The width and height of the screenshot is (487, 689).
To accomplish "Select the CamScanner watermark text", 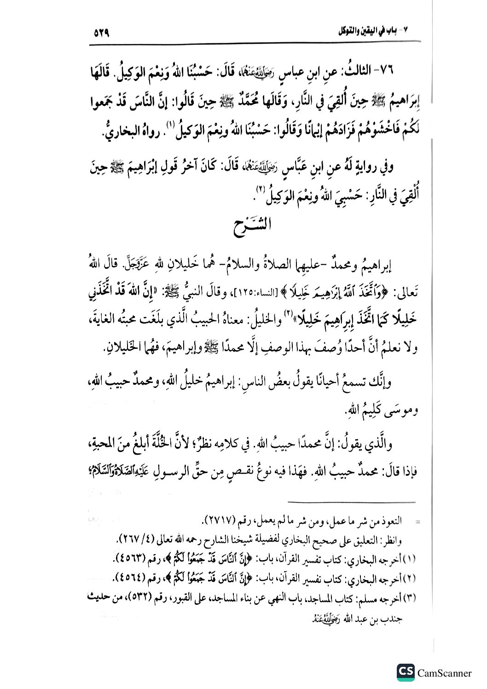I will tap(445, 673).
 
